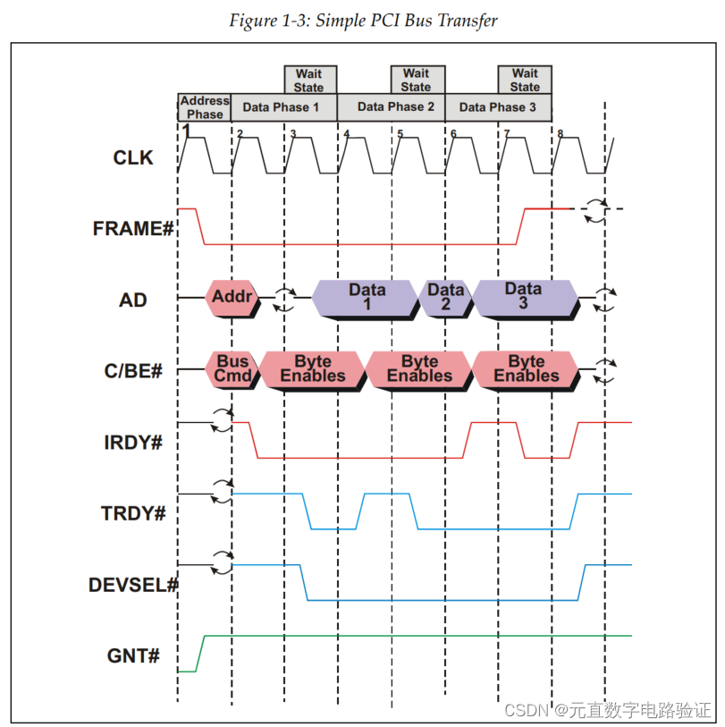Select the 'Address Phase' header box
pyautogui.click(x=205, y=107)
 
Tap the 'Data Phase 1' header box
pyautogui.click(x=281, y=107)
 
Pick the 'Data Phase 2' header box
pyautogui.click(x=395, y=107)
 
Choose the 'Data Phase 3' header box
pyautogui.click(x=498, y=107)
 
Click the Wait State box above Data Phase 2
pyautogui.click(x=416, y=80)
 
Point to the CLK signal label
pyautogui.click(x=133, y=158)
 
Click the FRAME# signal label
pyautogui.click(x=132, y=229)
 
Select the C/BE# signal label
pyautogui.click(x=134, y=370)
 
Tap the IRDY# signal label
pyautogui.click(x=133, y=442)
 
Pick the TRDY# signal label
pyautogui.click(x=133, y=513)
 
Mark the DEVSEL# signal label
pyautogui.click(x=133, y=585)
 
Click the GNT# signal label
pyautogui.click(x=134, y=656)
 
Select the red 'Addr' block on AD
pyautogui.click(x=230, y=297)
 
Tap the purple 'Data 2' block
pyautogui.click(x=444, y=297)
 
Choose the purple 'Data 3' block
pyautogui.click(x=523, y=297)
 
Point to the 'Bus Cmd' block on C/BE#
pyautogui.click(x=232, y=368)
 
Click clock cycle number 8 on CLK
pyautogui.click(x=561, y=134)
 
